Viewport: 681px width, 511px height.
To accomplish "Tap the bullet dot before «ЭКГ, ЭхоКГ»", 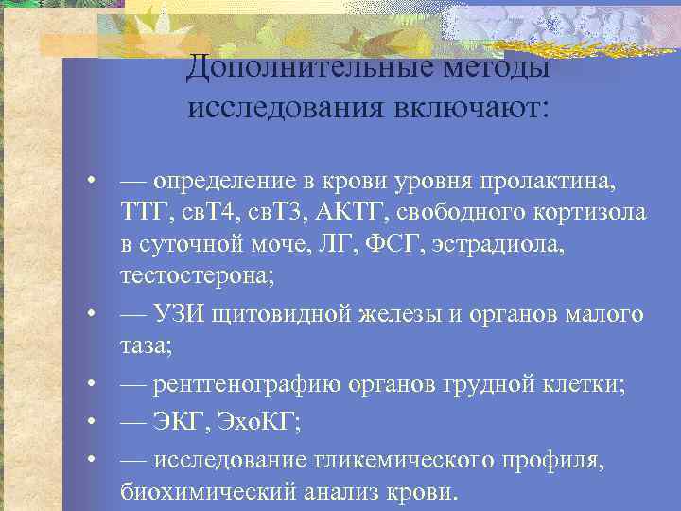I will (91, 423).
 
